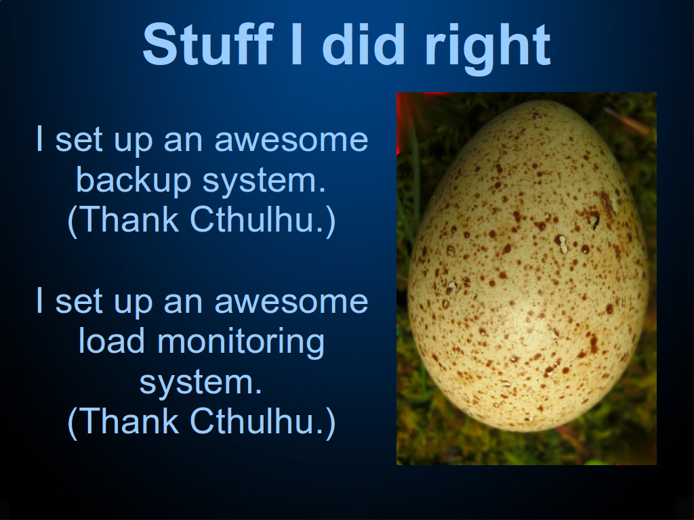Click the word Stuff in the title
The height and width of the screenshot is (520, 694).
pos(207,45)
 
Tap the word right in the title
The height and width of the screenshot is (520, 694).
pos(487,49)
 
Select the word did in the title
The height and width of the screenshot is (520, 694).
pos(363,44)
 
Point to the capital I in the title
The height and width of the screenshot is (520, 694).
pos(298,44)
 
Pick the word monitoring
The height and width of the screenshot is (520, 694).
pos(241,343)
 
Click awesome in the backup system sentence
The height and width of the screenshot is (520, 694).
pos(291,140)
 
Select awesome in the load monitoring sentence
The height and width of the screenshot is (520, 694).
pos(291,302)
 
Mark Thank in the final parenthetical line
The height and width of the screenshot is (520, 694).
pos(128,420)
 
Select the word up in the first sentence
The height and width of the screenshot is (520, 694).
pos(133,142)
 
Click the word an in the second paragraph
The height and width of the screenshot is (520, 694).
pos(183,303)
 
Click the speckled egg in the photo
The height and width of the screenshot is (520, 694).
pos(527,265)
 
